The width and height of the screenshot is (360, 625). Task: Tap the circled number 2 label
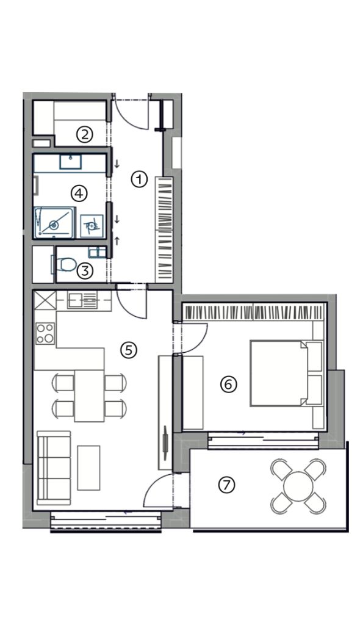click(85, 135)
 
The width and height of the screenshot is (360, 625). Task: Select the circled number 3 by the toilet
click(85, 272)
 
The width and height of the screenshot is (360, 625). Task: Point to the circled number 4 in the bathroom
click(79, 193)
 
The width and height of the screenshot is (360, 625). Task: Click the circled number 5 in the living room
click(128, 350)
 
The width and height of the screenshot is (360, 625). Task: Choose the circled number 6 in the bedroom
click(229, 385)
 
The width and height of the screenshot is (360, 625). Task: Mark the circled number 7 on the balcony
click(226, 485)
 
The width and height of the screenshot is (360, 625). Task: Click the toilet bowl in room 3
click(64, 264)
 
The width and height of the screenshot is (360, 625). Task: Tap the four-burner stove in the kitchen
click(45, 333)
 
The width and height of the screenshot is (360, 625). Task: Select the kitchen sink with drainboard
click(82, 300)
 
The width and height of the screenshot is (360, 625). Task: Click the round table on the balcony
click(298, 486)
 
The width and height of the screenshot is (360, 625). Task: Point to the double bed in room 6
click(286, 373)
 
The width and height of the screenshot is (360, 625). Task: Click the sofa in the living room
click(54, 468)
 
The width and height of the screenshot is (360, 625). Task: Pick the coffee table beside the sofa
click(88, 468)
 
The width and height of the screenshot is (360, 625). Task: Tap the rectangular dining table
click(89, 396)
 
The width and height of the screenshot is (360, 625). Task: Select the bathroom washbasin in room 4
click(71, 161)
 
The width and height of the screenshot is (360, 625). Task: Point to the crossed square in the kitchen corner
click(45, 300)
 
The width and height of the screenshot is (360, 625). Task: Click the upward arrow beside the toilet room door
click(117, 240)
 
